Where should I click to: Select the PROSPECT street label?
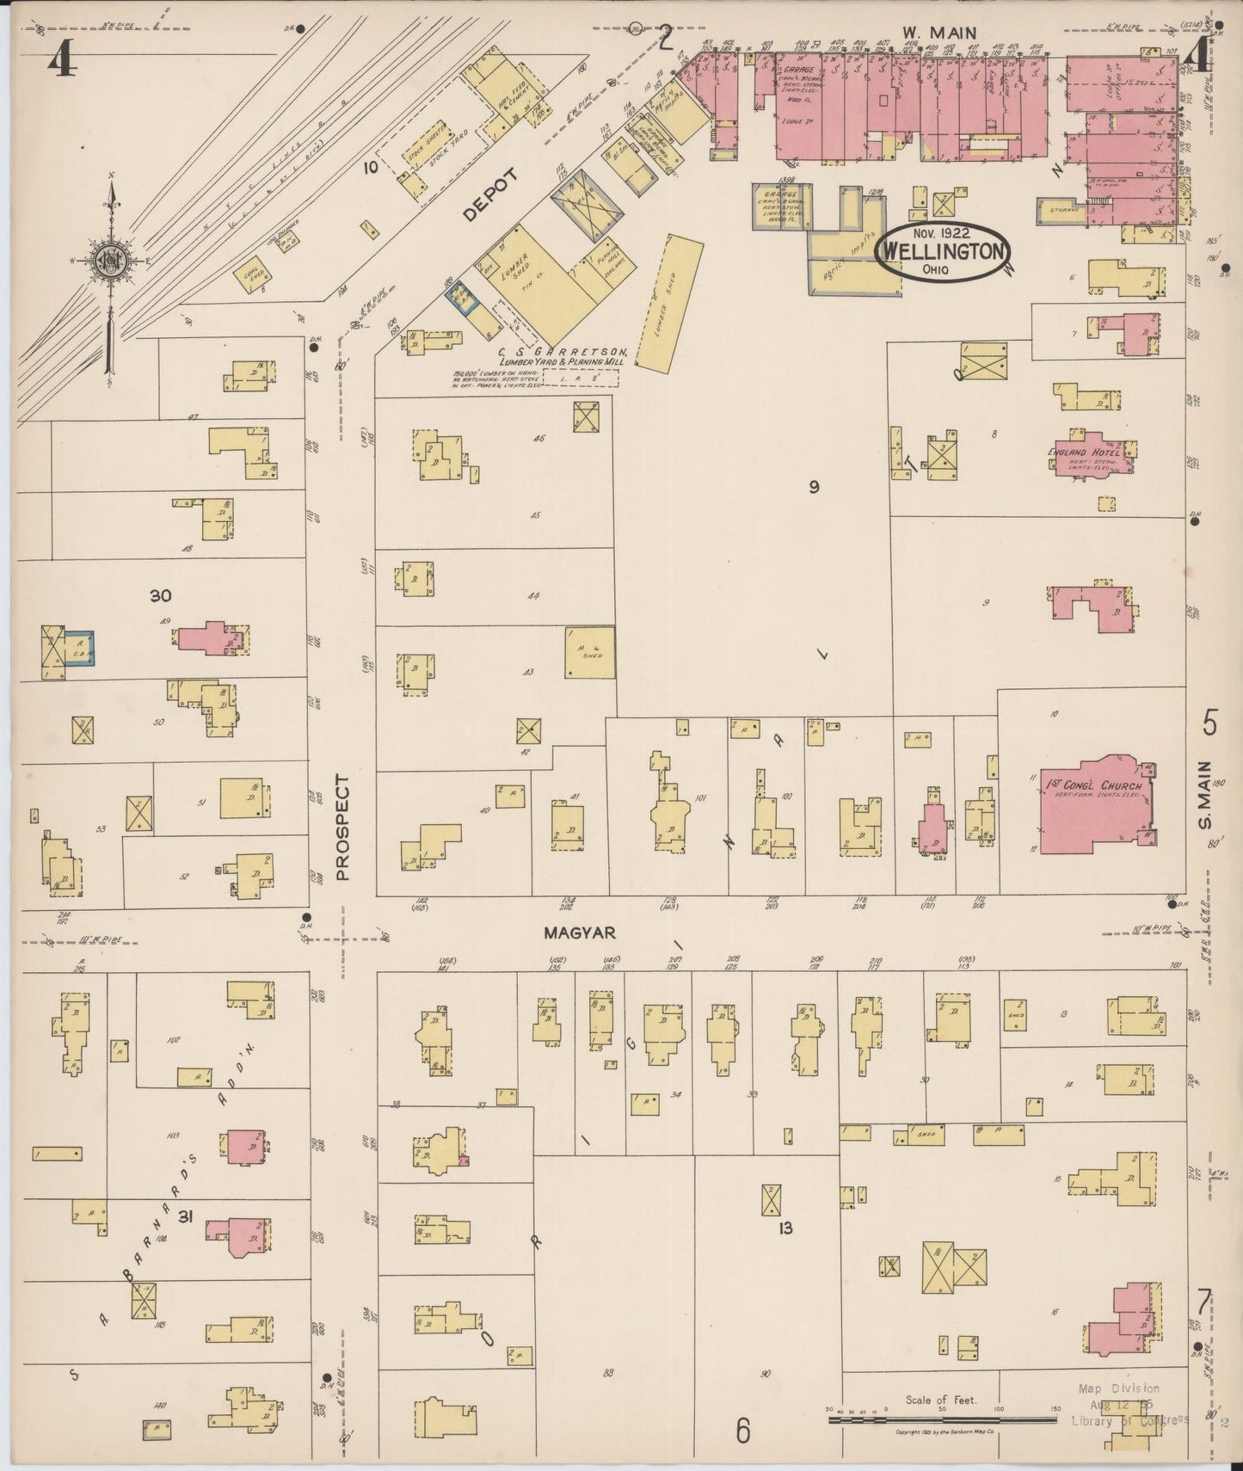tap(343, 827)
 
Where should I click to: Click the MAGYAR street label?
tap(568, 932)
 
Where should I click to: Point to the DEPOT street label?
tap(490, 196)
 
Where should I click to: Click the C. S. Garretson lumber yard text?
tap(563, 357)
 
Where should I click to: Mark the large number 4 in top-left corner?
tap(59, 60)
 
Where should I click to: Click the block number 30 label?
tap(161, 595)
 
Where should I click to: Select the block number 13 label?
tap(785, 1228)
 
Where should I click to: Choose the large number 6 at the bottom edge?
tap(743, 1431)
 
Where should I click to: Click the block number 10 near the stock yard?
tap(370, 167)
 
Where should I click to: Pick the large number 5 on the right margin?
tap(1209, 723)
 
